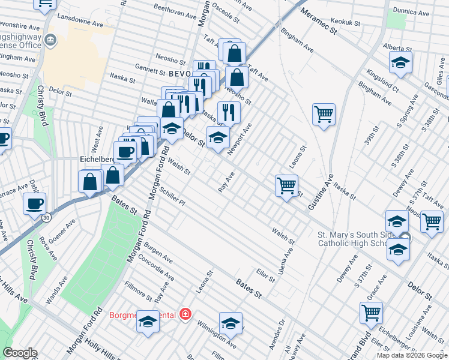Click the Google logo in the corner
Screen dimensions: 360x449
(x=20, y=353)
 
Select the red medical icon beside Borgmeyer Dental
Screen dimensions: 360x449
(x=185, y=314)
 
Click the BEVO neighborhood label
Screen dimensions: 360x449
(x=179, y=73)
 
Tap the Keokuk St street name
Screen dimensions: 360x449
(x=345, y=23)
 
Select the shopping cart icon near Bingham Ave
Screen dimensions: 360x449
(x=324, y=113)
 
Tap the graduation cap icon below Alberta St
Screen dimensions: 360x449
(x=400, y=62)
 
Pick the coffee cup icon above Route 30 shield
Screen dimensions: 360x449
(x=35, y=203)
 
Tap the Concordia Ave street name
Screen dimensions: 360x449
(x=156, y=269)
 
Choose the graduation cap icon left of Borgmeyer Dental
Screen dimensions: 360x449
(x=148, y=323)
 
